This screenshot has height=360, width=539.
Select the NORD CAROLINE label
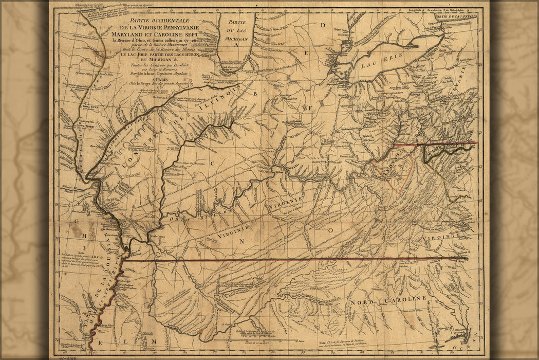(389, 299)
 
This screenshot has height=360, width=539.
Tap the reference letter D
(323, 25)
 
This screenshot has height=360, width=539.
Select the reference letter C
(212, 164)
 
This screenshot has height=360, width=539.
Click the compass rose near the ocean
(462, 334)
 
